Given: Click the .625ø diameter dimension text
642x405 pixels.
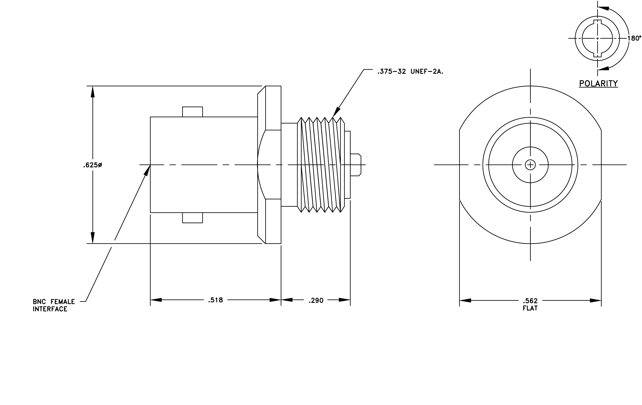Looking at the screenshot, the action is pyautogui.click(x=92, y=165).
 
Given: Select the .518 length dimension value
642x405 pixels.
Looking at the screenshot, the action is pyautogui.click(x=215, y=300).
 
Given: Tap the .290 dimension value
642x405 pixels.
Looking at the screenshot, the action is pyautogui.click(x=316, y=300).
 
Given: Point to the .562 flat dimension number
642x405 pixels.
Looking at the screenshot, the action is pyautogui.click(x=530, y=301).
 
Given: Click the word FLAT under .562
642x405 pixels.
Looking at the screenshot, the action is pyautogui.click(x=530, y=308).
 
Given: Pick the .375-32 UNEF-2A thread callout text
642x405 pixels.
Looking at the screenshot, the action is pyautogui.click(x=410, y=71).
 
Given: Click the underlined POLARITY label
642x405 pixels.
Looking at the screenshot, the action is pyautogui.click(x=598, y=84).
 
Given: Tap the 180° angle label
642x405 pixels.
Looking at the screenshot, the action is pyautogui.click(x=634, y=38).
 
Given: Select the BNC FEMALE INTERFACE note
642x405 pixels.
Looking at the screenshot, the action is pyautogui.click(x=54, y=305).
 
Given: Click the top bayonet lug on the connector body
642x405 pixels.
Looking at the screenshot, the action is pyautogui.click(x=192, y=112).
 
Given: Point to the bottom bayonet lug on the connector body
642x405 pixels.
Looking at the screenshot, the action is pyautogui.click(x=192, y=218).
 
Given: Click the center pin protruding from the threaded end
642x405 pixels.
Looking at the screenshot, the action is pyautogui.click(x=356, y=165).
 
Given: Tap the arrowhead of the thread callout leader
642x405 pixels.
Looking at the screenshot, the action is pyautogui.click(x=336, y=112).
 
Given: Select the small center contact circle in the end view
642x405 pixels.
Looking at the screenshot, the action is pyautogui.click(x=530, y=165).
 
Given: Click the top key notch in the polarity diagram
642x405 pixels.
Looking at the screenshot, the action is pyautogui.click(x=597, y=22).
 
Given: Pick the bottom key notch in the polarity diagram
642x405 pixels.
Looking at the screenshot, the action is pyautogui.click(x=597, y=55).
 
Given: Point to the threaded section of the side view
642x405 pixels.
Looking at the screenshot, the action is pyautogui.click(x=321, y=165).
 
